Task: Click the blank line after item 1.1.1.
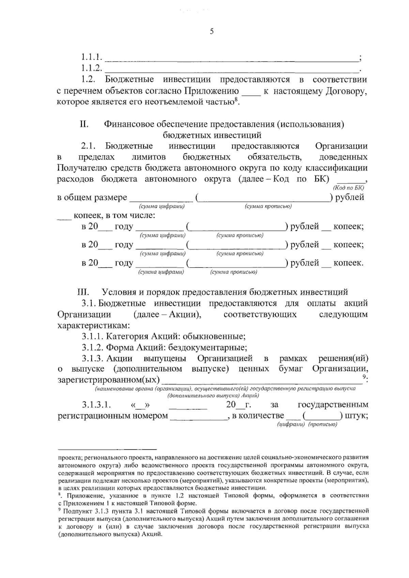(232, 60)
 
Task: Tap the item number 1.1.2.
(92, 68)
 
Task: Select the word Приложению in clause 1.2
(211, 91)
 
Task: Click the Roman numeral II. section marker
(84, 124)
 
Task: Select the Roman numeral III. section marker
(84, 292)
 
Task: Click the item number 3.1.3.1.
(96, 405)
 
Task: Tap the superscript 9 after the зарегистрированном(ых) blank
(364, 376)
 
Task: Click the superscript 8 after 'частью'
(235, 100)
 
